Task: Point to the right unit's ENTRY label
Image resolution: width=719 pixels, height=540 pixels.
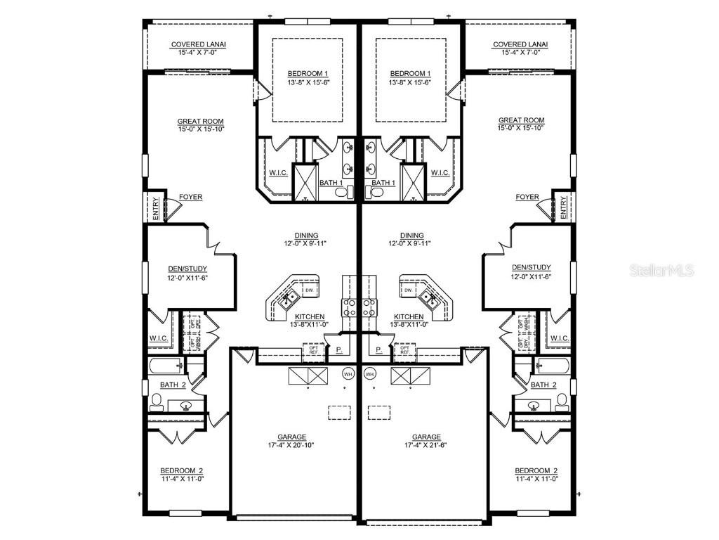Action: click(563, 207)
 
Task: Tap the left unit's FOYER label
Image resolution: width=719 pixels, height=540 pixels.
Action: click(190, 198)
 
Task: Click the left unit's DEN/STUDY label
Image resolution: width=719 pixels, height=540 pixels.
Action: click(187, 268)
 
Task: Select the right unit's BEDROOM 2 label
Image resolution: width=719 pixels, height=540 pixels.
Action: click(536, 470)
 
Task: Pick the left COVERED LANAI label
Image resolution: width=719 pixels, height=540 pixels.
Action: click(199, 45)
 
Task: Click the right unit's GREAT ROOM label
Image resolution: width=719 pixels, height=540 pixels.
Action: click(521, 121)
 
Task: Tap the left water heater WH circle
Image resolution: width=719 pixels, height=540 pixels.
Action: click(348, 373)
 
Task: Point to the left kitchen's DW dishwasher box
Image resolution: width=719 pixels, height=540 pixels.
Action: click(309, 290)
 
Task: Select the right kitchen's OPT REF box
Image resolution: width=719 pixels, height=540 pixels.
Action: click(405, 350)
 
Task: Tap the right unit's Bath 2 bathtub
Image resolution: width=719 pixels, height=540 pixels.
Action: click(553, 365)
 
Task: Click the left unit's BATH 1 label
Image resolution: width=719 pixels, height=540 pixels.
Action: click(331, 183)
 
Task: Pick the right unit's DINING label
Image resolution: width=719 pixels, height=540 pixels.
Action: click(411, 236)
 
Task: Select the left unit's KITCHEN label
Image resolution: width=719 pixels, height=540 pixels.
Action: click(310, 316)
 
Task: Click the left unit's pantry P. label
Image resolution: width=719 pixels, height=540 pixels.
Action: click(338, 349)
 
